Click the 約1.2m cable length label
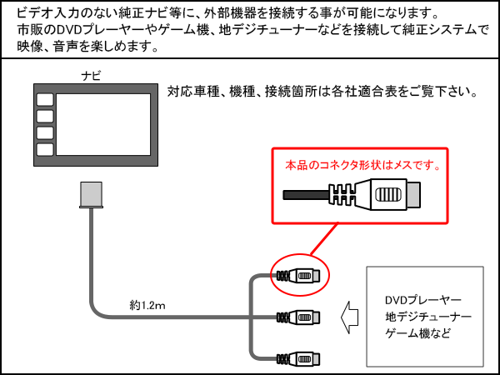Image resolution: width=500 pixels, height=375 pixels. tap(147, 306)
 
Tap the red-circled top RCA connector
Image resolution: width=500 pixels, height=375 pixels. tap(299, 275)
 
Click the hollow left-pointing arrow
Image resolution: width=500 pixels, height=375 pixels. tap(350, 317)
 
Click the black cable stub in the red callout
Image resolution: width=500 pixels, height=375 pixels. tap(306, 197)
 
